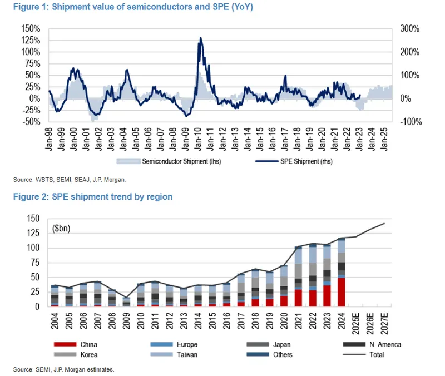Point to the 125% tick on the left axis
tap(31, 40)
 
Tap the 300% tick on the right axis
tap(409, 28)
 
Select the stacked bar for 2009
tap(127, 302)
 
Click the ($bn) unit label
tap(62, 228)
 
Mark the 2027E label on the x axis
tap(384, 321)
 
